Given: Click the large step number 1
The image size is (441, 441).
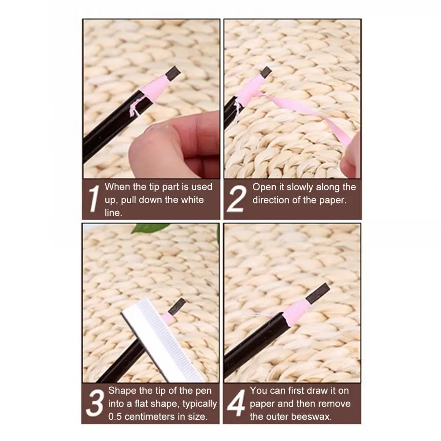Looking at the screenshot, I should tap(93, 199).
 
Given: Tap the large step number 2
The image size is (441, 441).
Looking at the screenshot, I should tap(237, 199).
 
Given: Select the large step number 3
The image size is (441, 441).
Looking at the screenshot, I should tap(94, 403).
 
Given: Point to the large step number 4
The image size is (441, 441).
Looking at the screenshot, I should tap(236, 403).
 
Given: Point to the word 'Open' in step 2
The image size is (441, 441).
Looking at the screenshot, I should tap(263, 187).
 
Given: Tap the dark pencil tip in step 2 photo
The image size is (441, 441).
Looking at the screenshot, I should tap(266, 72).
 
